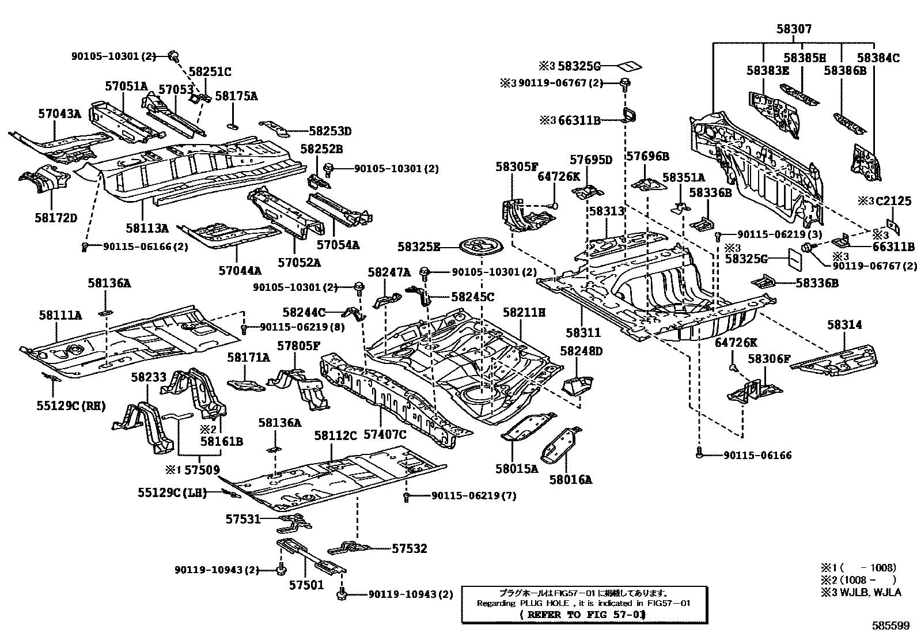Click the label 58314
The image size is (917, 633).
844,325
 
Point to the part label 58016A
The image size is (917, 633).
570,479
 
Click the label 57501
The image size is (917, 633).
306,585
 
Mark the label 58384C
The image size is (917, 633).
877,58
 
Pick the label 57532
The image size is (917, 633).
410,548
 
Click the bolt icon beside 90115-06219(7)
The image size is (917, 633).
407,495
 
